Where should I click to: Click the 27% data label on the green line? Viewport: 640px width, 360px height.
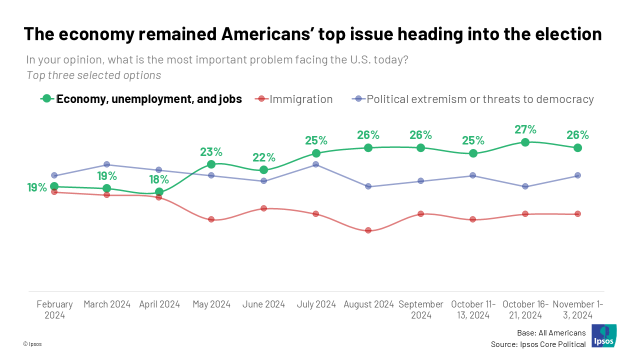point(525,129)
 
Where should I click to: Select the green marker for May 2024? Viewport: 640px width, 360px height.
point(211,164)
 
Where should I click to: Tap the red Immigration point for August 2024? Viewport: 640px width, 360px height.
point(368,230)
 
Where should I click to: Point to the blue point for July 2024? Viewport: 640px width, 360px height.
point(316,164)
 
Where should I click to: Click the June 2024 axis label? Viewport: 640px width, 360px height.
point(263,304)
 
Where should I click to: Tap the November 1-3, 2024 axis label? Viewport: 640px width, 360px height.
point(577,309)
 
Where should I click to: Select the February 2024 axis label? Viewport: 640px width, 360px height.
point(54,309)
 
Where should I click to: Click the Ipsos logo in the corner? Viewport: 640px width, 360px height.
point(603,336)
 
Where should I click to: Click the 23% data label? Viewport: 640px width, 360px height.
point(211,152)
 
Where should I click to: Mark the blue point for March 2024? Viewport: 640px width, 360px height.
point(106,164)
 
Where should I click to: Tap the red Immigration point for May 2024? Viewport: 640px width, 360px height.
point(211,219)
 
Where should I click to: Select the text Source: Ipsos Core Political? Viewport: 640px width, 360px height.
point(538,344)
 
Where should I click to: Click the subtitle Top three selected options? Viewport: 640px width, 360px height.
point(93,75)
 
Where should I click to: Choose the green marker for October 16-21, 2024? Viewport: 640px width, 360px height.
point(525,142)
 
